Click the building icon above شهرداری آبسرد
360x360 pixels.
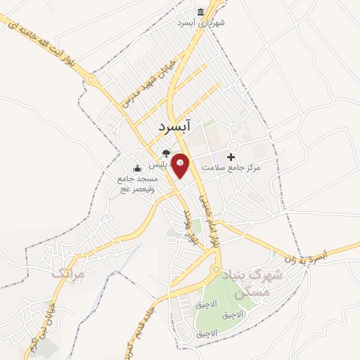pyautogui.click(x=201, y=12)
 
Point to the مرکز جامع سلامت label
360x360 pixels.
pyautogui.click(x=231, y=168)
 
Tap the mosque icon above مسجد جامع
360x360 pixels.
pyautogui.click(x=137, y=168)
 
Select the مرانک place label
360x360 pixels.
pyautogui.click(x=67, y=273)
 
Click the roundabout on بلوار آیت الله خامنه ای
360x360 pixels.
pyautogui.click(x=92, y=80)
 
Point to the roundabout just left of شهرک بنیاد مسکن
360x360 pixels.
pyautogui.click(x=217, y=270)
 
